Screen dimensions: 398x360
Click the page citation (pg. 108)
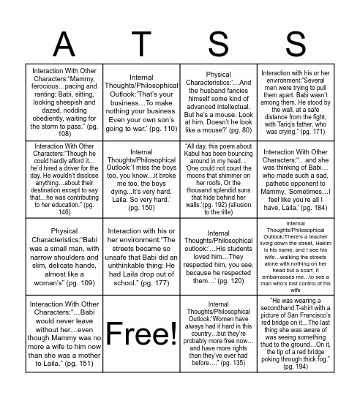64,134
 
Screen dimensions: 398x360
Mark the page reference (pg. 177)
157,282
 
